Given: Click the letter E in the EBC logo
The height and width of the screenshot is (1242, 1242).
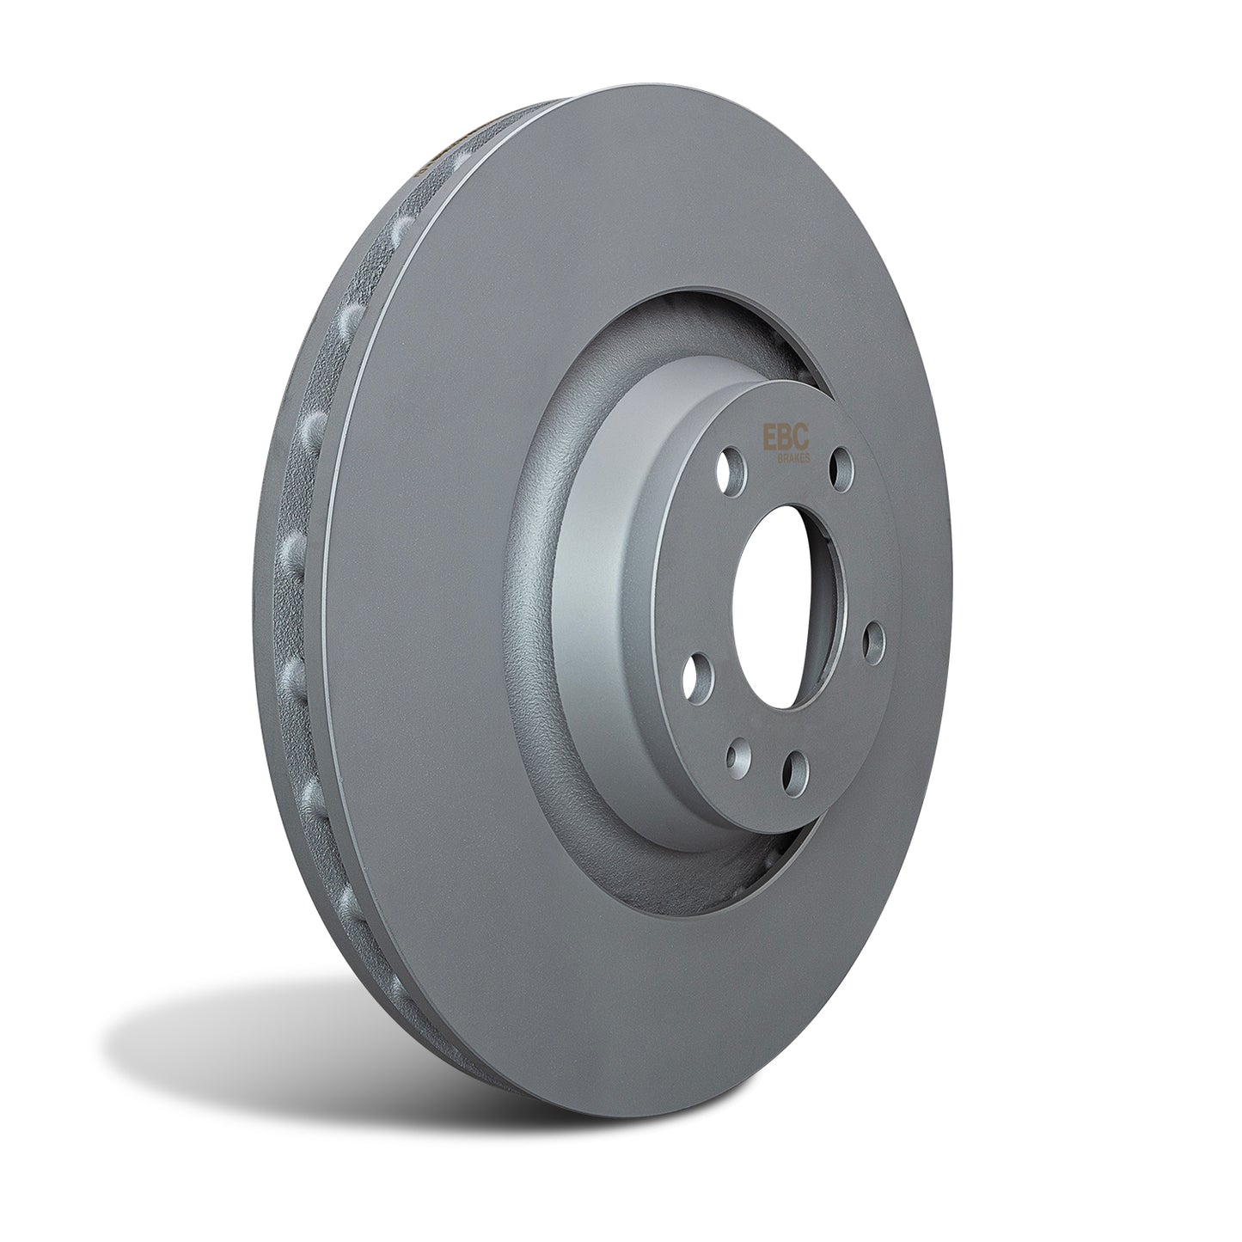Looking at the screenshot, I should [768, 438].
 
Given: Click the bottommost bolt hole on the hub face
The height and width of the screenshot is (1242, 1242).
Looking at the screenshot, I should [794, 765].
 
